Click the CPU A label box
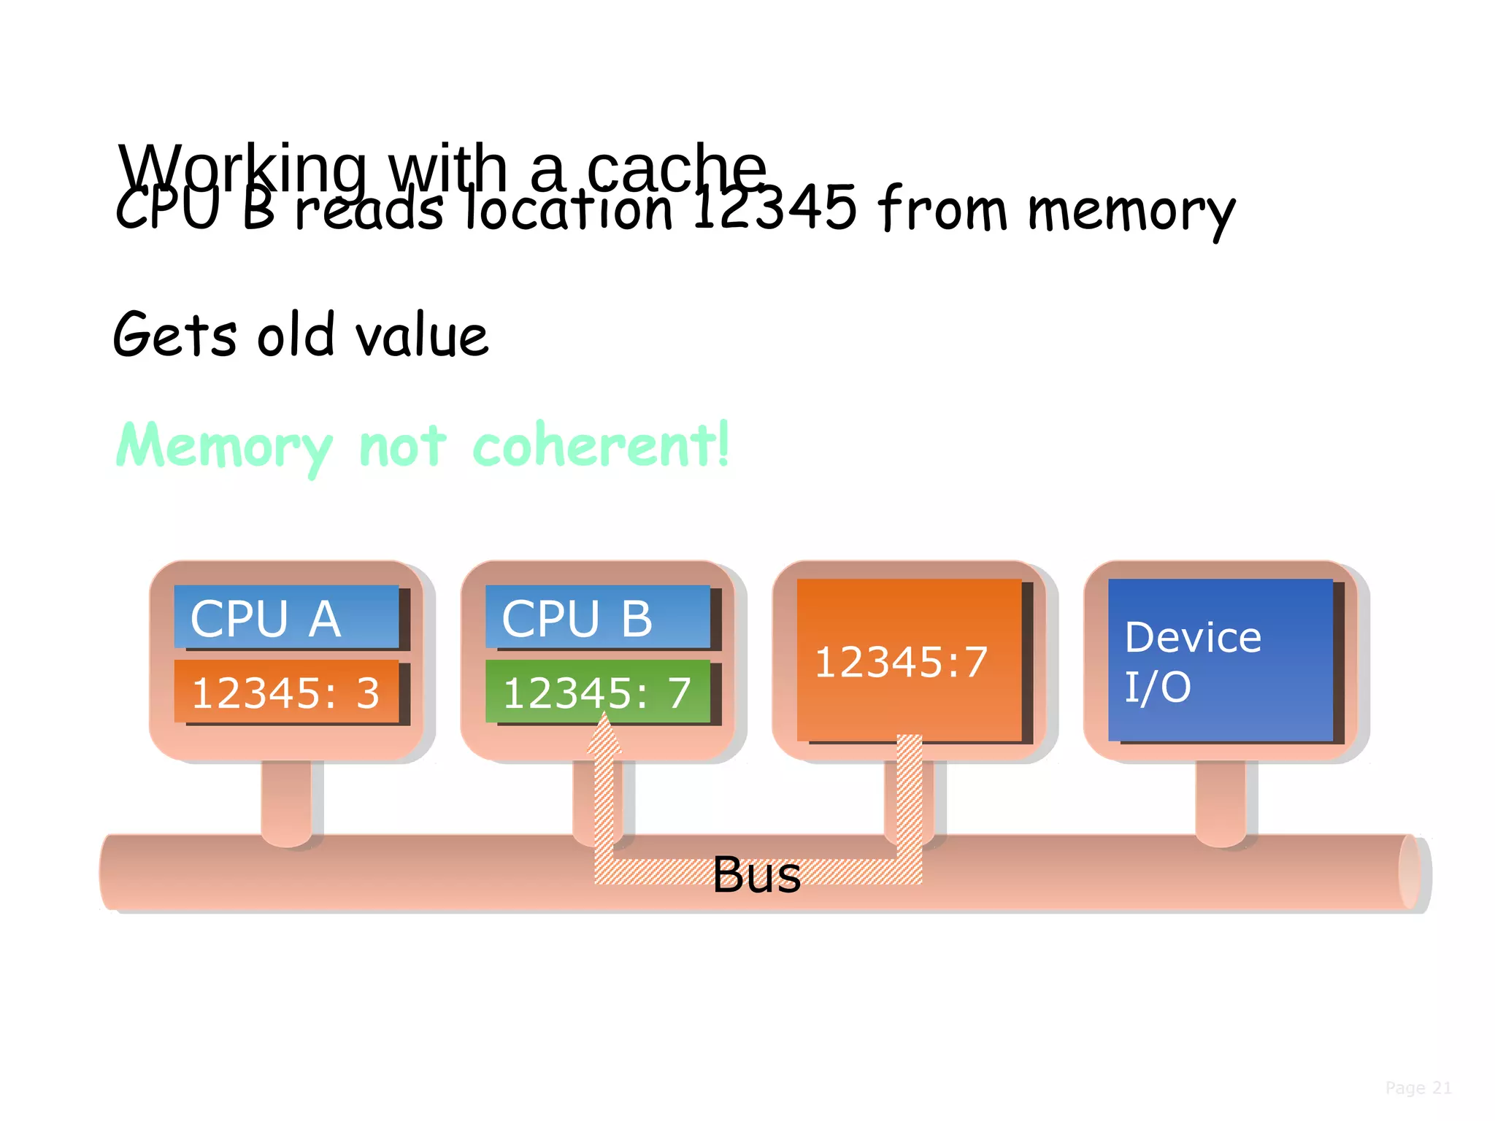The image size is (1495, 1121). (x=286, y=617)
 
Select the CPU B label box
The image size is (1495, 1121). (x=597, y=617)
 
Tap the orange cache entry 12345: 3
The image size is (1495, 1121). (x=286, y=692)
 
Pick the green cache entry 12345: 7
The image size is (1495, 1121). (x=597, y=692)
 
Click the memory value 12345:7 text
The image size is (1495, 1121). (x=901, y=662)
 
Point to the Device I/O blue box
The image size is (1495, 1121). (x=1220, y=660)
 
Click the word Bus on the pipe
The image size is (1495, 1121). (x=756, y=874)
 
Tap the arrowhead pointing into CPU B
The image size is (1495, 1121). (x=604, y=733)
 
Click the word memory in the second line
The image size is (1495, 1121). (x=1131, y=212)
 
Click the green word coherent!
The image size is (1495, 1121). (x=600, y=445)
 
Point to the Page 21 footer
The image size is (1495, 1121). (x=1418, y=1087)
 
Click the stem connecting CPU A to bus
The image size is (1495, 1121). (x=286, y=799)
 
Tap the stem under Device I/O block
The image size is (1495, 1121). (x=1220, y=799)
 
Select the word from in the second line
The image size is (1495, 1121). (x=942, y=209)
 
